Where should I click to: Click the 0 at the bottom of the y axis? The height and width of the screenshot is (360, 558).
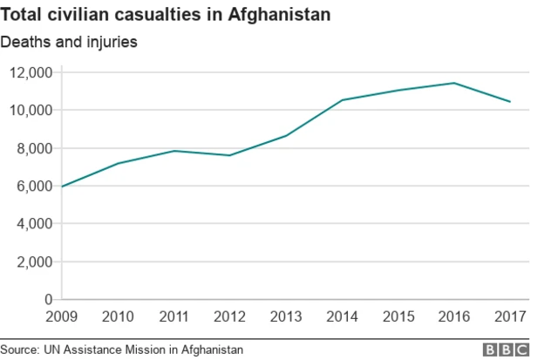(x=48, y=299)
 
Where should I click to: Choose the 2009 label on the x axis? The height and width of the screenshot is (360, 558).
(x=63, y=316)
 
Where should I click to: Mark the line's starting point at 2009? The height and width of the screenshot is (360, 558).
(x=63, y=187)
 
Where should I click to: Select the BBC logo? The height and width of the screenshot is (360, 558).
(x=507, y=349)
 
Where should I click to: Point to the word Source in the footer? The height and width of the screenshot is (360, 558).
(x=19, y=349)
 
